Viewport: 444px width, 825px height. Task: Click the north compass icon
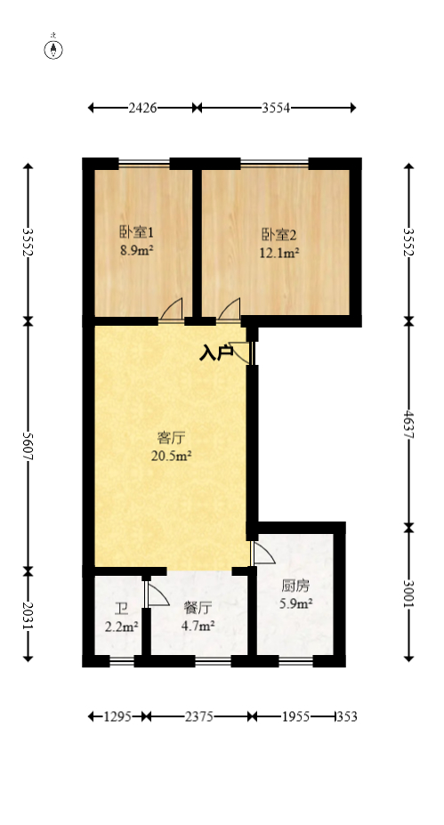click(54, 49)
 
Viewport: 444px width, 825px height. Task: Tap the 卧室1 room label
click(137, 233)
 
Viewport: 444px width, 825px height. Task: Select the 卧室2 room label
click(279, 235)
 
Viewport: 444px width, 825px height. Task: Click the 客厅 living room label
click(171, 438)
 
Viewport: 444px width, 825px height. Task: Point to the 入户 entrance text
click(215, 353)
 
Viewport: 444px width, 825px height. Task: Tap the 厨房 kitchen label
click(295, 586)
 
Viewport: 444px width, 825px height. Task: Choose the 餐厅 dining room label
click(198, 609)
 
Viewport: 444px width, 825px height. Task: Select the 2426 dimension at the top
click(142, 108)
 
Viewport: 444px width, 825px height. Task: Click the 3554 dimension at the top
click(277, 108)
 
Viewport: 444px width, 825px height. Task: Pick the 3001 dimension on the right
click(408, 594)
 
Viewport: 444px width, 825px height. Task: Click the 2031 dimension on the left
click(28, 614)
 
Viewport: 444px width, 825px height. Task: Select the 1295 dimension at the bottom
click(117, 716)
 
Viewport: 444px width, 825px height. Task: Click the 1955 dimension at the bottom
click(295, 716)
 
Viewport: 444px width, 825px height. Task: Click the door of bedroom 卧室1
click(173, 311)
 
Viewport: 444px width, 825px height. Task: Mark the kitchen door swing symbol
click(262, 554)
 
